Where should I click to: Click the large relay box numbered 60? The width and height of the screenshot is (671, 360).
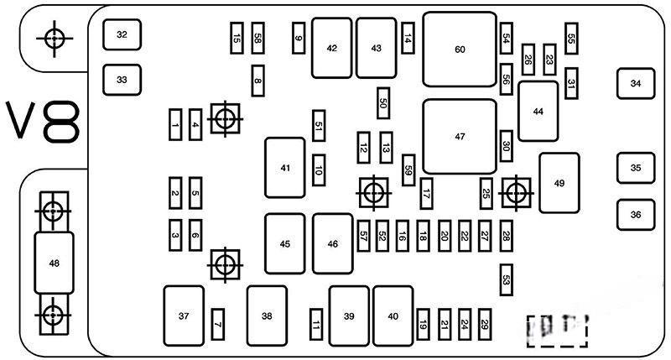click(459, 49)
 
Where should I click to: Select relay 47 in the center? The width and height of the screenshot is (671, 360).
click(459, 136)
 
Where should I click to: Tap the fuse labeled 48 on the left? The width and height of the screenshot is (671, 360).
click(54, 263)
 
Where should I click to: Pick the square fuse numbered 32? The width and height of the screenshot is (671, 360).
click(122, 34)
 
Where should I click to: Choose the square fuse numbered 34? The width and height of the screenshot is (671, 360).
click(635, 83)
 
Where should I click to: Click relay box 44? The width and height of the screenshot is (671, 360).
click(538, 111)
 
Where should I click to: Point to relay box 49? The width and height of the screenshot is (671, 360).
click(559, 180)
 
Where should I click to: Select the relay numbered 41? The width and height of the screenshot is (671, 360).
click(285, 168)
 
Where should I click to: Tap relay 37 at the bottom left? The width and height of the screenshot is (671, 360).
click(184, 316)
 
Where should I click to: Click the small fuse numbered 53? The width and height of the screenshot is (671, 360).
click(506, 279)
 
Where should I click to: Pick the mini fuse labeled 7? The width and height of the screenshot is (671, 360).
click(216, 322)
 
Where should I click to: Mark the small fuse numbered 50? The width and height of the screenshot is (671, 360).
click(383, 102)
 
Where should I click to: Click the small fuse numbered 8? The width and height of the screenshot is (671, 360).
click(257, 81)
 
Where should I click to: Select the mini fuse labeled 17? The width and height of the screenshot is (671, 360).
click(426, 193)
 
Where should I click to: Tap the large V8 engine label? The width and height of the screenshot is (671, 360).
click(44, 123)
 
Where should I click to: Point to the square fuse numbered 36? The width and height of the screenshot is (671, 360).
click(635, 214)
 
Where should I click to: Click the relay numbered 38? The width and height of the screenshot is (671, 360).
click(267, 316)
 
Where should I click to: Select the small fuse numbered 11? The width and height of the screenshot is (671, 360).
click(316, 322)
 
